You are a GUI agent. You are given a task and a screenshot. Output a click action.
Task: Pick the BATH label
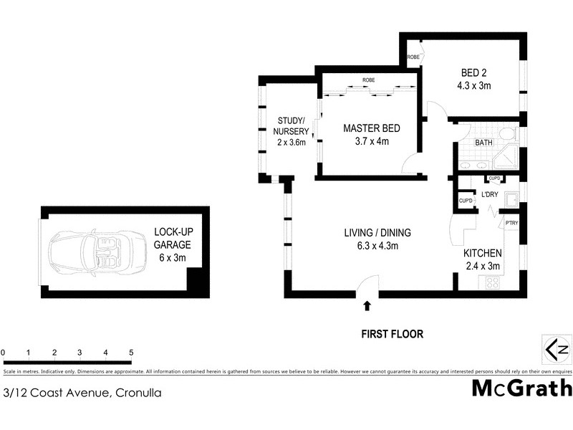pos(484,143)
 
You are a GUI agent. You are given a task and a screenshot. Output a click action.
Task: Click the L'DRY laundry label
pos(490,195)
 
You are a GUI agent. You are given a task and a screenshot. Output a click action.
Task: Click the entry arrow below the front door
pos(367,306)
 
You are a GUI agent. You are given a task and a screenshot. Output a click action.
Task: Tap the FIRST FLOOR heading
pos(392,333)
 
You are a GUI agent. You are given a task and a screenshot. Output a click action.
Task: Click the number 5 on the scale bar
pos(131,352)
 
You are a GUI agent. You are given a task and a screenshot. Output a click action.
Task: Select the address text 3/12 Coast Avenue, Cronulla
pos(82,392)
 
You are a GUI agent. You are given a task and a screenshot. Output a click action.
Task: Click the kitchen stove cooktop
pos(493,282)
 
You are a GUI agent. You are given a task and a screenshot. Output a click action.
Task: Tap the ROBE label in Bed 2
pos(414,56)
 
